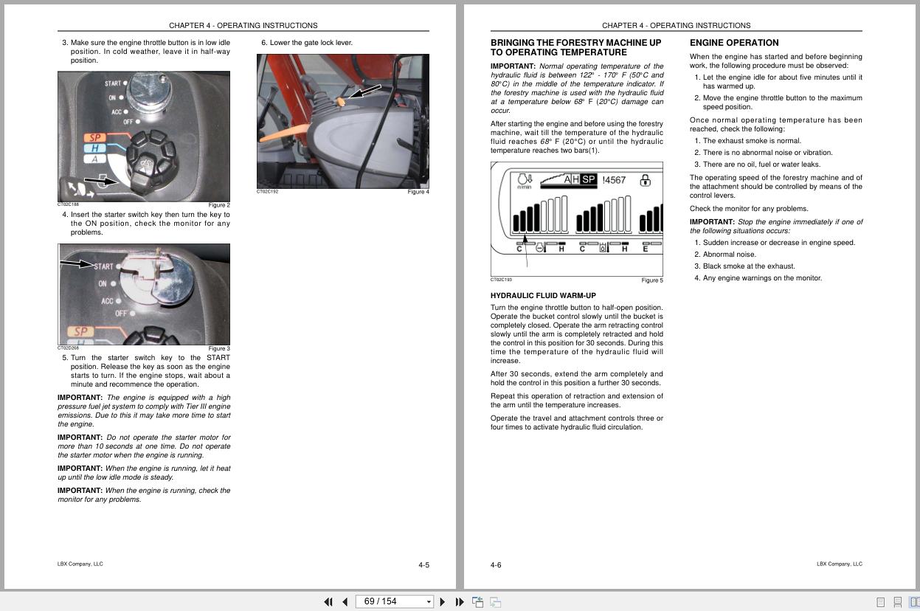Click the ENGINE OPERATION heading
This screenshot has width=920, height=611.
coord(733,43)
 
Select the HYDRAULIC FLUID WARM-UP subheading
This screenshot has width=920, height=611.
coord(543,296)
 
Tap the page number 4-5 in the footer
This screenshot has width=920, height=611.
coord(423,565)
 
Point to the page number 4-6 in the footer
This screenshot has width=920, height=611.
coord(496,565)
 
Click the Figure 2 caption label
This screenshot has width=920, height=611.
coord(219,205)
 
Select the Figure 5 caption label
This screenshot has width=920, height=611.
coord(651,280)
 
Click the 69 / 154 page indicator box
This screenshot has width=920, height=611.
coord(394,601)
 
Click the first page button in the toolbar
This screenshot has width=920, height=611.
coord(328,601)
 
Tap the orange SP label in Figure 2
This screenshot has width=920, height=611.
coord(95,138)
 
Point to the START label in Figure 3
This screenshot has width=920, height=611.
coord(104,266)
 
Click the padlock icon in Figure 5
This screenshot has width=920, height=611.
coord(645,180)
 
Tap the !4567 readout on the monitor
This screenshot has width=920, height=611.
coord(614,180)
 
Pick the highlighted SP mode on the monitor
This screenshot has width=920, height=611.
coord(588,179)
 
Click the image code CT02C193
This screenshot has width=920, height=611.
coord(501,280)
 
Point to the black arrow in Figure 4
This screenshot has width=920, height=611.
coord(365,91)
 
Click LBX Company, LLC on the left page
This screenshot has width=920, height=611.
coord(80,564)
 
